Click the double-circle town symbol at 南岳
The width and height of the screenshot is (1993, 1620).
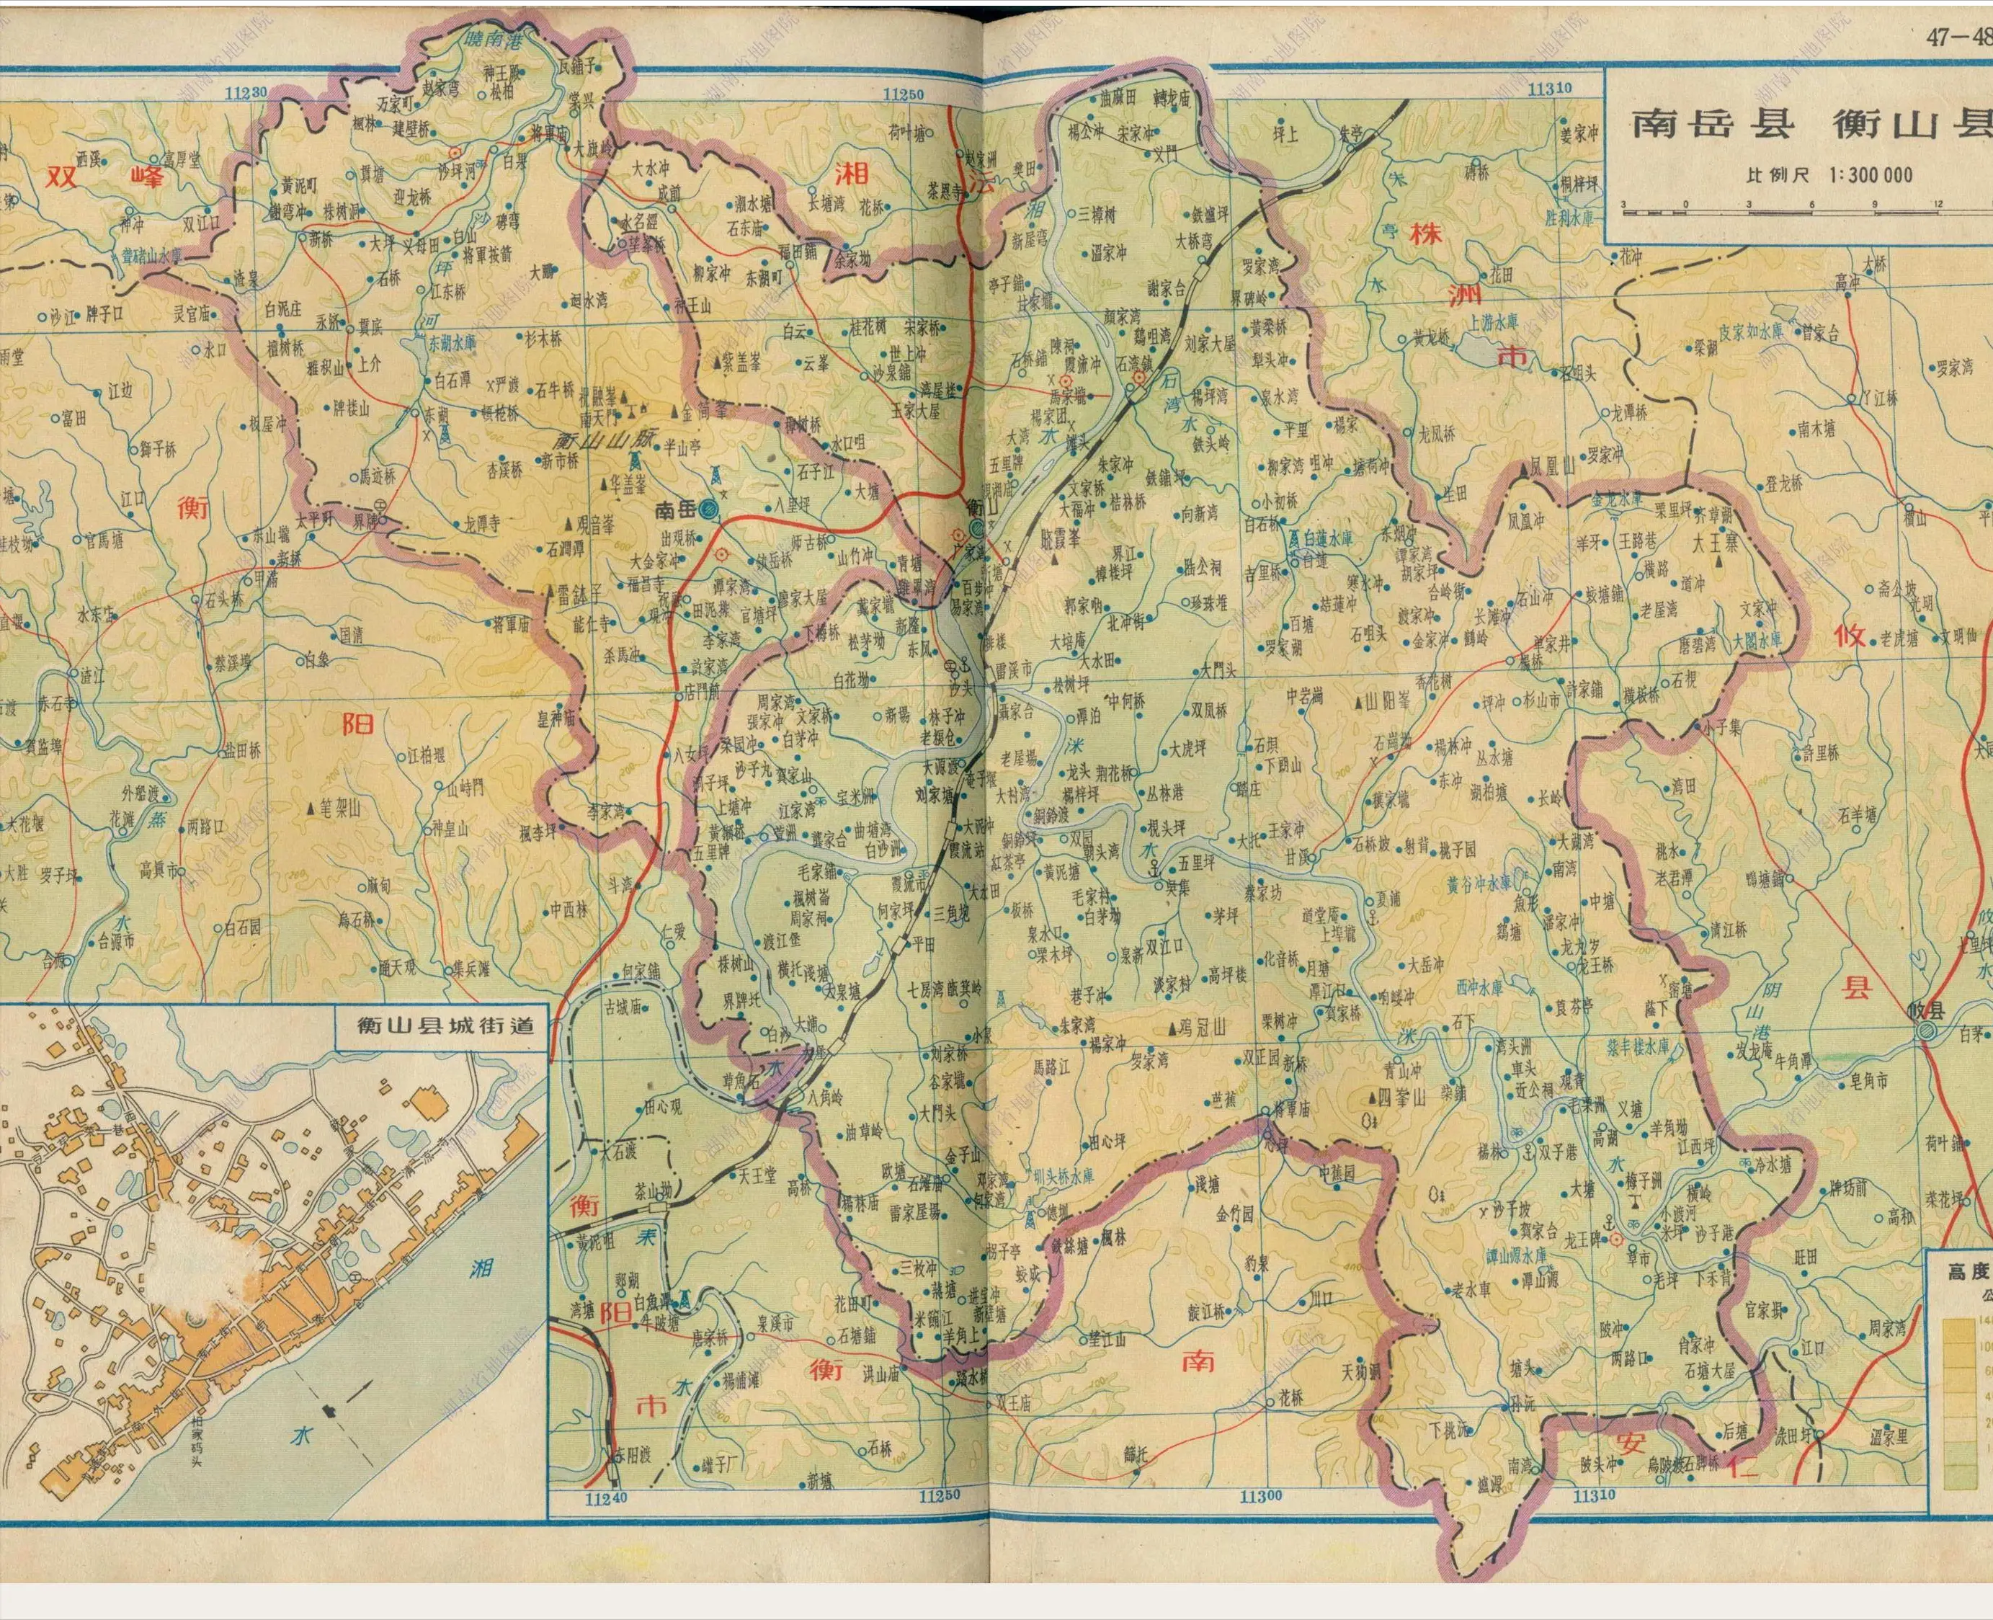point(708,509)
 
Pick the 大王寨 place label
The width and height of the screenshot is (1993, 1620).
point(1715,541)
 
